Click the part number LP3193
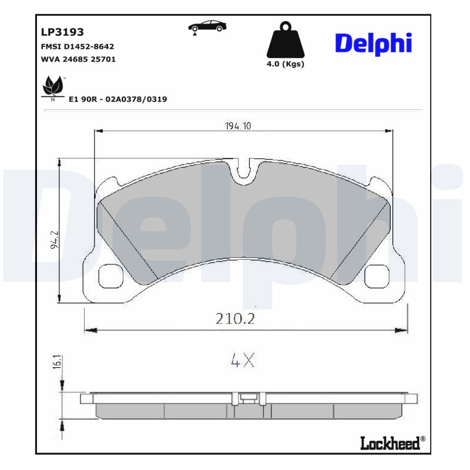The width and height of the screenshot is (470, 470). [62, 32]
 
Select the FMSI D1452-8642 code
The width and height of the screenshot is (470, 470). [77, 46]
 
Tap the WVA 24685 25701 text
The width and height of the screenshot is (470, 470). [78, 59]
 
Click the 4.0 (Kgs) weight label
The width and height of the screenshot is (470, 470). [286, 64]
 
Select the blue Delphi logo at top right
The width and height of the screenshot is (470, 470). [373, 43]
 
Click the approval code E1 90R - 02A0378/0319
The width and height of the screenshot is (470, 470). [118, 99]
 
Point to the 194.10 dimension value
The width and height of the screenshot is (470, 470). [238, 126]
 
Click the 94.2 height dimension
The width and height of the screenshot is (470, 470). [55, 240]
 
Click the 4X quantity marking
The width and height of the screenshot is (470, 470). [242, 360]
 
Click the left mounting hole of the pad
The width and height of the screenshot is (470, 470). [108, 276]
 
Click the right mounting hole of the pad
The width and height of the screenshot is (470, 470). [376, 276]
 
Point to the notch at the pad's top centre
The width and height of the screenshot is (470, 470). [243, 172]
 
